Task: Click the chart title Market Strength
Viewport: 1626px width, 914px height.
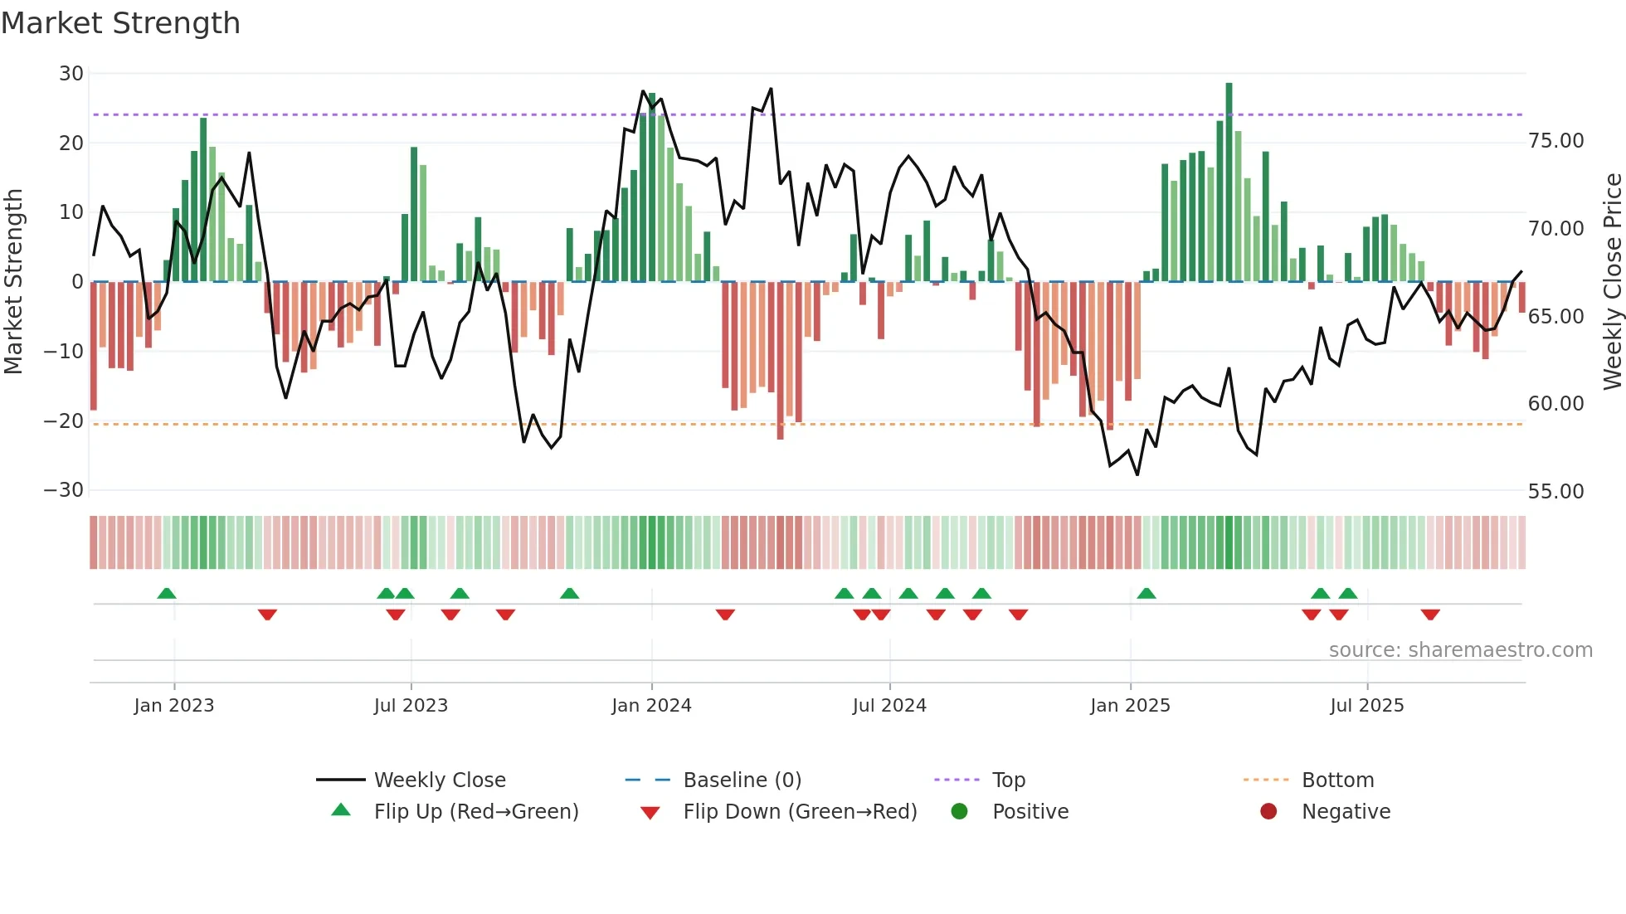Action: [120, 23]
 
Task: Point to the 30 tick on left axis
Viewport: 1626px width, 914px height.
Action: [71, 74]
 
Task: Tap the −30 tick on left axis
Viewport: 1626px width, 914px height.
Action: [65, 490]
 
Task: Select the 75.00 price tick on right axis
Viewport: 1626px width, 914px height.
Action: [1555, 141]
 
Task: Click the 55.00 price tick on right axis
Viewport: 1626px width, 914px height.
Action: [1555, 492]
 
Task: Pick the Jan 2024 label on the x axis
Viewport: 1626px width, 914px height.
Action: [651, 706]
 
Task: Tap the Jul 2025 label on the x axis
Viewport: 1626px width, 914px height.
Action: [1366, 706]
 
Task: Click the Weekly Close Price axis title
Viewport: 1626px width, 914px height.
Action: [1612, 282]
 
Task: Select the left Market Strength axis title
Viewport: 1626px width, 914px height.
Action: [14, 282]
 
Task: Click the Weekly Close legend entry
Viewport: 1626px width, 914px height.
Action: [440, 780]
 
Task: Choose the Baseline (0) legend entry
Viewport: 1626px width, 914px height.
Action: [742, 780]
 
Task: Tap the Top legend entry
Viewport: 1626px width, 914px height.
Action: [1009, 780]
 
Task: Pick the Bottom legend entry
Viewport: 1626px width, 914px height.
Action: [1337, 780]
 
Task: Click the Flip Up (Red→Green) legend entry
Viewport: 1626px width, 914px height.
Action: [475, 812]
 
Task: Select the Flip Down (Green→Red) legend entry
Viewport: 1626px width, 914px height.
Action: [800, 812]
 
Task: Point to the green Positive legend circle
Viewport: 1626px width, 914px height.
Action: [960, 812]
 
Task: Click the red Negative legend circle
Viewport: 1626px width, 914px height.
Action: [1268, 812]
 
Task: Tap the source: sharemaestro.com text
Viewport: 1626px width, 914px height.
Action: [1460, 650]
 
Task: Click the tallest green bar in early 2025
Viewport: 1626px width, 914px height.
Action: [1229, 182]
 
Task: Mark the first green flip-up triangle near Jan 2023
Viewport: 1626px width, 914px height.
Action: [167, 594]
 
